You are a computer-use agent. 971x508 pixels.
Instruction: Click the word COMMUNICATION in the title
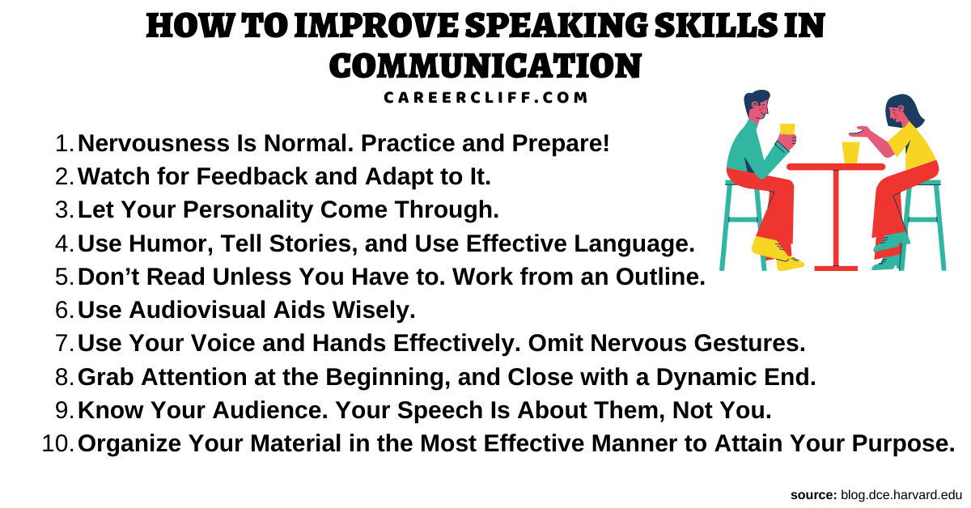pos(485,66)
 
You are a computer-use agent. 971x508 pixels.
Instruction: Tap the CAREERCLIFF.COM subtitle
pos(485,98)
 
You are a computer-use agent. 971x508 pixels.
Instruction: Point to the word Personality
pos(256,210)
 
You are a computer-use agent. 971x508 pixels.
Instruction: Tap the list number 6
pos(65,309)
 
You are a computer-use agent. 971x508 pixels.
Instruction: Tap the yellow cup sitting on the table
pos(850,152)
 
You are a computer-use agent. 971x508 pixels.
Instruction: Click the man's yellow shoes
pos(772,250)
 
